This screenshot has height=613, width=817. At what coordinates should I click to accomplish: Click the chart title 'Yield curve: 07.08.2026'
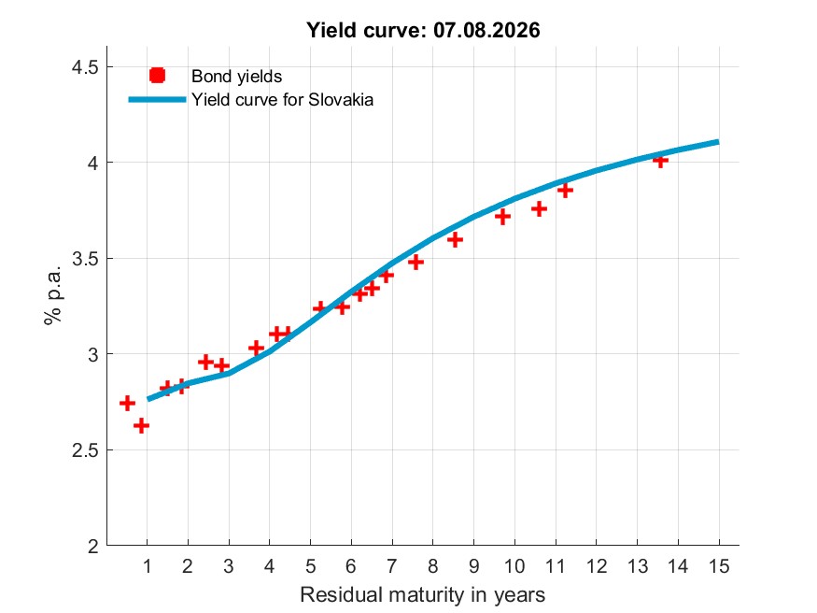(x=423, y=30)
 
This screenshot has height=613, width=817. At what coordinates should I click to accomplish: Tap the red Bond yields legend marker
(x=158, y=76)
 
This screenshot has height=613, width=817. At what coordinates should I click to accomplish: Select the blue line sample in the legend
(x=158, y=99)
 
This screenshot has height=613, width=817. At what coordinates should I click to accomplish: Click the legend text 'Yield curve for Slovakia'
(x=282, y=99)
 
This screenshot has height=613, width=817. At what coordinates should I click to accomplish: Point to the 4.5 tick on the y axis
(x=85, y=67)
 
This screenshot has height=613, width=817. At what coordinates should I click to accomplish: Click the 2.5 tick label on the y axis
(x=85, y=449)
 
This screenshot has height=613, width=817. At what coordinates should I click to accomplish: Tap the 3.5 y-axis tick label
(x=85, y=259)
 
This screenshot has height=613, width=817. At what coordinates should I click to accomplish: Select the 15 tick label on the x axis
(x=719, y=566)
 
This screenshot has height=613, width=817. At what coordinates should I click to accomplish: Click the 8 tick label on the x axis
(x=433, y=566)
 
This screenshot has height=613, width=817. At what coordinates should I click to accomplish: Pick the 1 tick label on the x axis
(x=147, y=566)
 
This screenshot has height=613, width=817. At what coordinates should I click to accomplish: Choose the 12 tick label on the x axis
(x=597, y=566)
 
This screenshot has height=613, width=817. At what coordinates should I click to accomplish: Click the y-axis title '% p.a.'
(x=52, y=295)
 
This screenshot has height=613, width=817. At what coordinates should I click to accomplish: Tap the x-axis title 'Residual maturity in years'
(x=423, y=594)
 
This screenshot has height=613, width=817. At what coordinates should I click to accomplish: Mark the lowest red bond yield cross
(x=141, y=426)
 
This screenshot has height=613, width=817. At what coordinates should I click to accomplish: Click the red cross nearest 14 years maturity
(x=660, y=161)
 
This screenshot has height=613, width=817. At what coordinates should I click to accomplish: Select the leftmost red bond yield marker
(x=127, y=403)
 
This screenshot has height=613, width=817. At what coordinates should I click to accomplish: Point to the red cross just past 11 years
(x=565, y=191)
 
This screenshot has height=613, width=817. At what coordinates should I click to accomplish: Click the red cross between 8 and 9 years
(x=455, y=240)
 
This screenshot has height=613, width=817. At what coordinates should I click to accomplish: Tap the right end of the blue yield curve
(x=719, y=142)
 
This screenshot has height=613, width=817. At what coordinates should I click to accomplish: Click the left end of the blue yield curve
(x=148, y=399)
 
